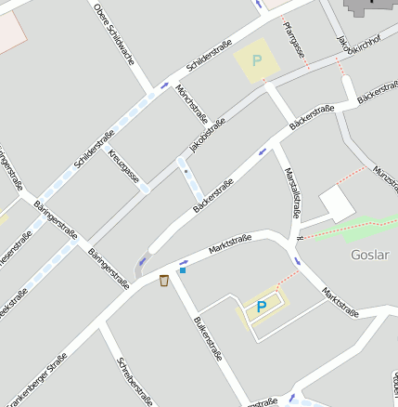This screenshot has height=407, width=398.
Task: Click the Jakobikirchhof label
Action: click(346, 54)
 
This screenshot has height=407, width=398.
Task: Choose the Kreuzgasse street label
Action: click(123, 164)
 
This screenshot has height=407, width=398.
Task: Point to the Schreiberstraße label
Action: click(135, 381)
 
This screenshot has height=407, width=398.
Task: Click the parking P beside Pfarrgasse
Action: click(257, 60)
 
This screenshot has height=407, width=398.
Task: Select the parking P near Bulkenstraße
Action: click(261, 306)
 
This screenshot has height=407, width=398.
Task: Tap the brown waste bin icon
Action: click(164, 281)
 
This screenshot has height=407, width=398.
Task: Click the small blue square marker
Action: click(183, 270)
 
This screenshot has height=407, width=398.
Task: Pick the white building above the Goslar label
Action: click(336, 203)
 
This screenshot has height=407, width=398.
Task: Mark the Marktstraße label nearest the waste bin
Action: click(230, 244)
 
